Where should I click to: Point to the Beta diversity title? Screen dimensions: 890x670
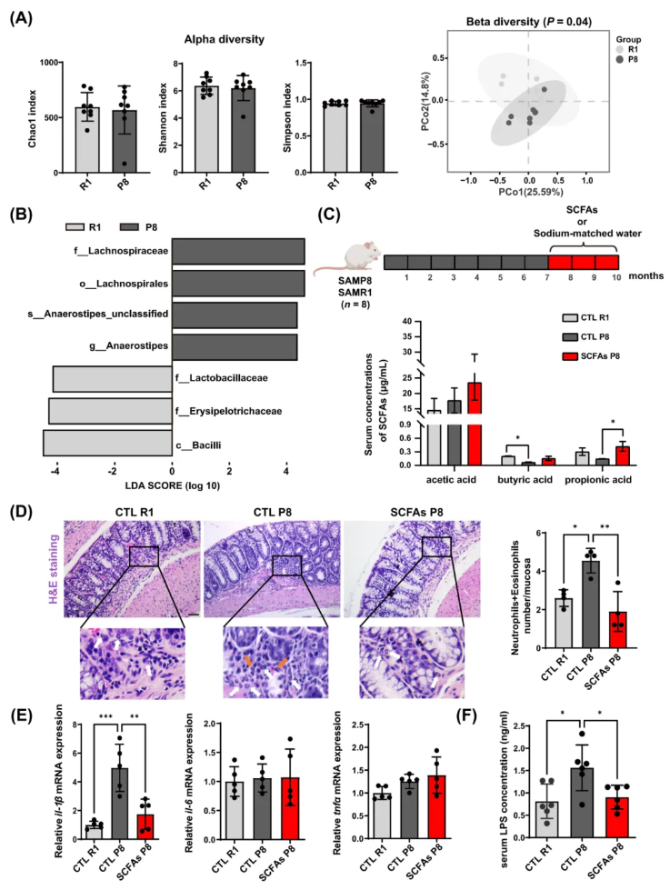(x=524, y=21)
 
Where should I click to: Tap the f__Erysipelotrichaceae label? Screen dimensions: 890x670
(x=229, y=412)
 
